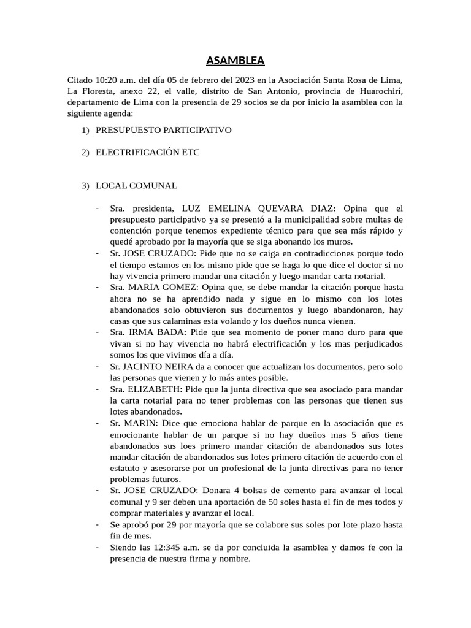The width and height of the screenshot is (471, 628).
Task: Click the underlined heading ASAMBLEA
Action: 235,61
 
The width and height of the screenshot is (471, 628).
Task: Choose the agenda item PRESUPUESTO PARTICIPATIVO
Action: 163,131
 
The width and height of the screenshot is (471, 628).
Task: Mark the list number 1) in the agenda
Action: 85,131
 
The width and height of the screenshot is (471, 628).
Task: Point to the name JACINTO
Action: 148,366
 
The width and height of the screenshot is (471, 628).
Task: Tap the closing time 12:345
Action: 175,548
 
